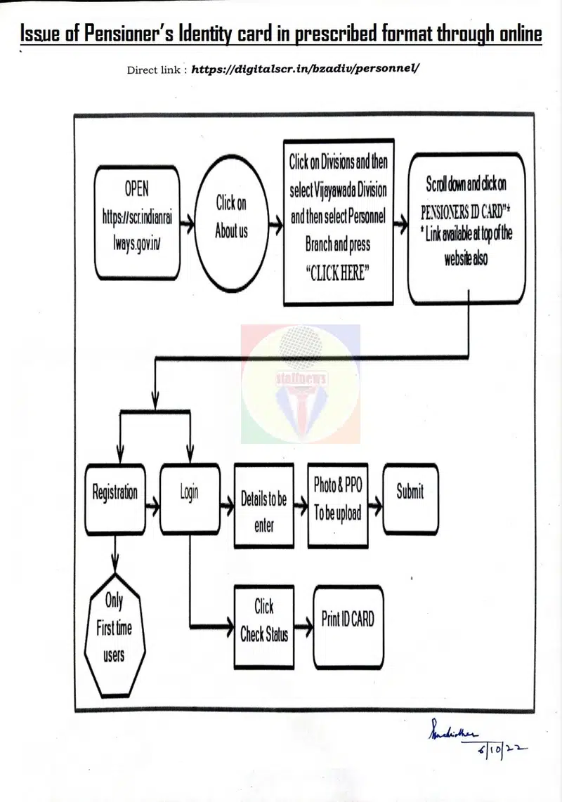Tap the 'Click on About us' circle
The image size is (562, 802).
point(231,217)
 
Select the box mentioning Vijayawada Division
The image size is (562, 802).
point(338,221)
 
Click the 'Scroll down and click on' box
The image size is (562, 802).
point(466,228)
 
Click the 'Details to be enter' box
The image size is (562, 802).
point(263,506)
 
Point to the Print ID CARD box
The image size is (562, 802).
point(348,625)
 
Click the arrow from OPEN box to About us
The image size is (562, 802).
point(188,225)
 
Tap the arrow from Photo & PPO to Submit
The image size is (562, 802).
point(375,503)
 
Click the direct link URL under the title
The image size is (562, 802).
point(306,70)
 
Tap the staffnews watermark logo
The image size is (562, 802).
point(301,383)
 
